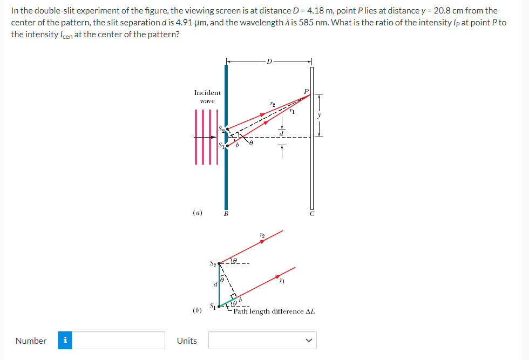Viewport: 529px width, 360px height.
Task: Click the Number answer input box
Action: tap(118, 340)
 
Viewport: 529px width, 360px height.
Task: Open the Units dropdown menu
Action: tap(262, 340)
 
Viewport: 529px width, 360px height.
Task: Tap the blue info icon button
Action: tap(65, 340)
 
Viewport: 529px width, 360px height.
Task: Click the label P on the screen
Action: tap(307, 91)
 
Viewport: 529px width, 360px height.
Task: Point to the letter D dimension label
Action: tap(269, 62)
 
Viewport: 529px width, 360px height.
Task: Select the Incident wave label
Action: tap(207, 97)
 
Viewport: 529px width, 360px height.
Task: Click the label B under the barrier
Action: tap(226, 214)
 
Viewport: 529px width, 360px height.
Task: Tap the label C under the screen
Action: tap(312, 214)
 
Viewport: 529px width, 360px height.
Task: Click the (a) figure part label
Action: tap(198, 213)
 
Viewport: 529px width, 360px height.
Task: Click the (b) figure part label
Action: tap(198, 310)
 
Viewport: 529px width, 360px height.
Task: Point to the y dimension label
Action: tap(319, 116)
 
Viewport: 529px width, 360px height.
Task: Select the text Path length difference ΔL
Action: tap(274, 311)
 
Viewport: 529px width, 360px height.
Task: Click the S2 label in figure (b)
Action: tap(213, 263)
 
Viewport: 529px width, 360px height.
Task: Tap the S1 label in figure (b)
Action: tap(213, 306)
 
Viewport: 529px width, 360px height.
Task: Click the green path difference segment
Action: tap(228, 302)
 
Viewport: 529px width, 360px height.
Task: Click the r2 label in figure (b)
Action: tap(262, 235)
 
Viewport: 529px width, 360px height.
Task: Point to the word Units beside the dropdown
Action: tap(187, 341)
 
